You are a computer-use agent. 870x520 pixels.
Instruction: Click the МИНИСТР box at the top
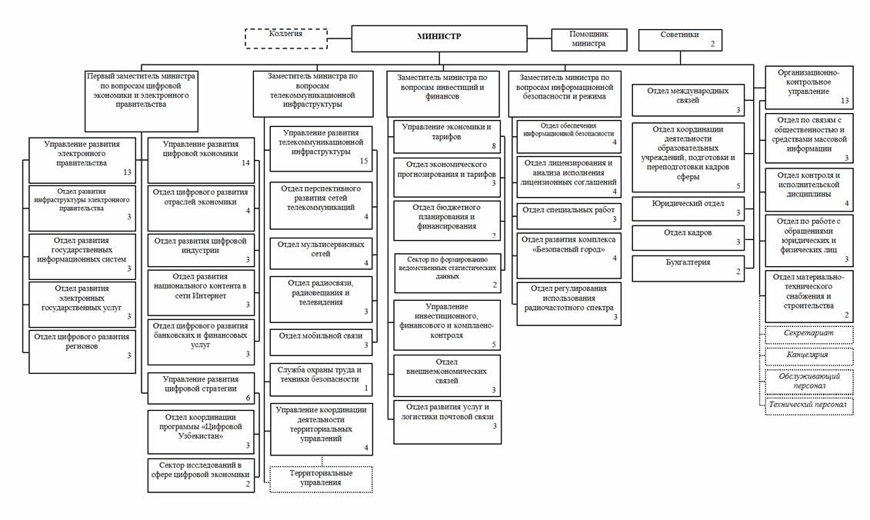pos(440,37)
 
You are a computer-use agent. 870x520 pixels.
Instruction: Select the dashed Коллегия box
pos(285,37)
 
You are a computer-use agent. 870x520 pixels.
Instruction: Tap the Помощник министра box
pos(588,39)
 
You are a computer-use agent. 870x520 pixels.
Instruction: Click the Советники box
pos(680,39)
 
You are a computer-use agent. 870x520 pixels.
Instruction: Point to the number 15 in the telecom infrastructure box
pos(365,161)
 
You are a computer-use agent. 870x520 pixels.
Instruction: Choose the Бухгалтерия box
pos(688,266)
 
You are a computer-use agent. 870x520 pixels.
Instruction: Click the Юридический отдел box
pos(688,208)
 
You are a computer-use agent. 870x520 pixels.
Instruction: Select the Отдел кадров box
pos(688,237)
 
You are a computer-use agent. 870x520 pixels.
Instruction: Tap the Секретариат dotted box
pos(809,335)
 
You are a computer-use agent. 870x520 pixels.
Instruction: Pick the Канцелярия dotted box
pos(809,356)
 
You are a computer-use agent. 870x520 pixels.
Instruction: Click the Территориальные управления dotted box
pos(321,478)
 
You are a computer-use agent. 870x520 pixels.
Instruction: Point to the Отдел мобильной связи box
pos(321,339)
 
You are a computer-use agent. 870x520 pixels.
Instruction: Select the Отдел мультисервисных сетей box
pos(321,253)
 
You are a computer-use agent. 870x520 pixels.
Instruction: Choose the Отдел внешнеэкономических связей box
pos(447,375)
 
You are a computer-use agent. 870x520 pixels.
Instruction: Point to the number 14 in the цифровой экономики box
pos(245,163)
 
